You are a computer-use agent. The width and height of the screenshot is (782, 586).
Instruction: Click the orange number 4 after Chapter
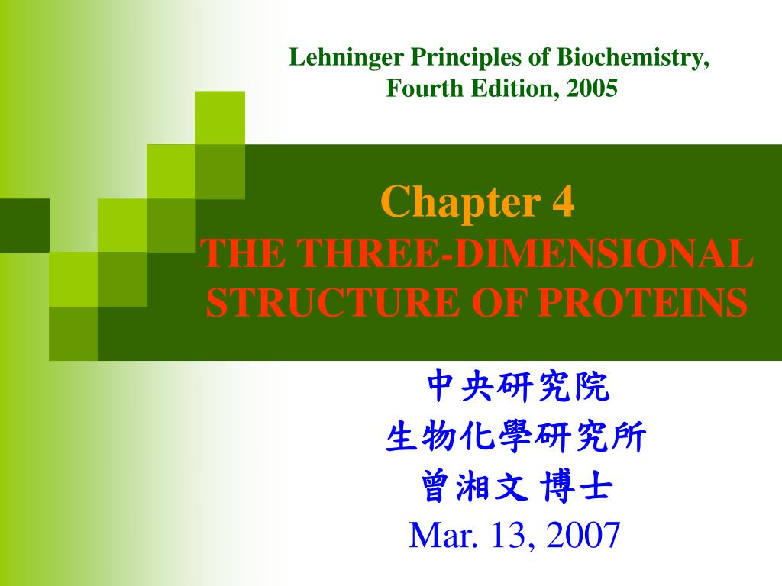click(564, 202)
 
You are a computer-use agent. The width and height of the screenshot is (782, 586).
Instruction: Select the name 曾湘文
click(467, 488)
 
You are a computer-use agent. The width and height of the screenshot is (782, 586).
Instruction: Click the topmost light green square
click(220, 117)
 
